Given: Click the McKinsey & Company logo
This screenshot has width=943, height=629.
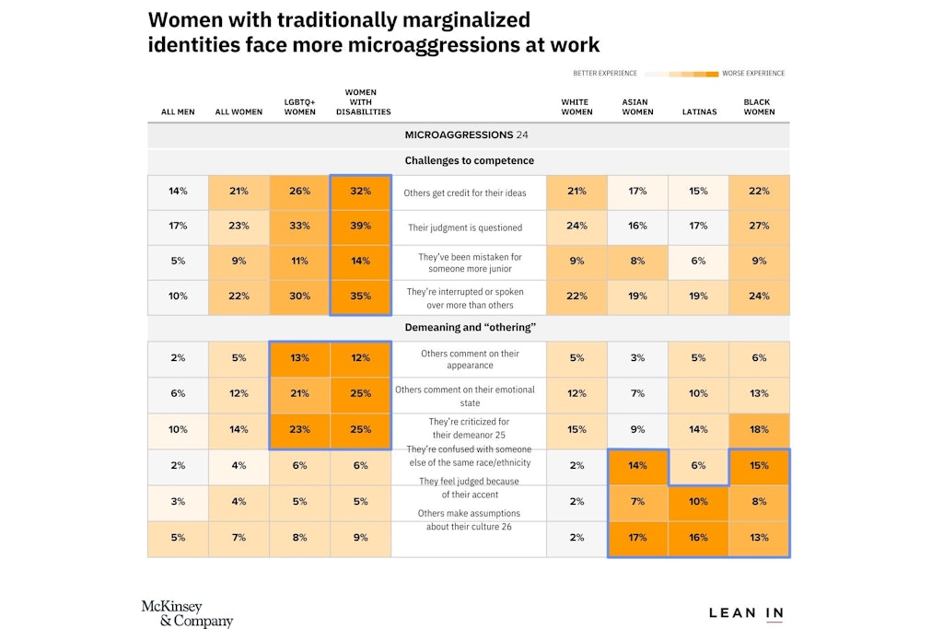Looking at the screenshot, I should click(x=187, y=613).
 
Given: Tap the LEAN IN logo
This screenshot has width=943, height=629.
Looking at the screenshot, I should click(x=746, y=613).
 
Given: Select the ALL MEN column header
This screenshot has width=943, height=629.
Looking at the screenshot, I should click(x=178, y=112).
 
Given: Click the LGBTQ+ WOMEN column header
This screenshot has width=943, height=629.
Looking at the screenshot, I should click(x=299, y=108).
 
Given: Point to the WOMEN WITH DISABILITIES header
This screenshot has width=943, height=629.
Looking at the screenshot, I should click(x=360, y=102).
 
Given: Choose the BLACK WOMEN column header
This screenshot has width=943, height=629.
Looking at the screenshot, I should click(x=759, y=108).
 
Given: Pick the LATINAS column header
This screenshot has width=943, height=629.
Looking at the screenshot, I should click(x=698, y=112).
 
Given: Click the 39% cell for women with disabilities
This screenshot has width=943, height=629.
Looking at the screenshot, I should click(x=360, y=227).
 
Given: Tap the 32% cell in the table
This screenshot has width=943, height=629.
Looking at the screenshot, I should click(x=360, y=192).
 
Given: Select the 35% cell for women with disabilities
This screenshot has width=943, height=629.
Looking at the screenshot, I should click(x=360, y=297).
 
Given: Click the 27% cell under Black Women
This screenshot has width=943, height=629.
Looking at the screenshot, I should click(x=759, y=227).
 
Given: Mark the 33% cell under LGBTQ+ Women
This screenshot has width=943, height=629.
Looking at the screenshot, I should click(x=299, y=227).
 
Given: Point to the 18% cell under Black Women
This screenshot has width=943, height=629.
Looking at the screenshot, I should click(x=759, y=429).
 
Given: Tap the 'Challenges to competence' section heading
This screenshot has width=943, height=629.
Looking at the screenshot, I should click(x=469, y=161).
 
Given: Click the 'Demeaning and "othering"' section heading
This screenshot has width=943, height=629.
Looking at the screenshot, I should click(x=470, y=327).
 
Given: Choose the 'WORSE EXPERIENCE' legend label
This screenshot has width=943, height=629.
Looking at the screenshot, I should click(x=754, y=73).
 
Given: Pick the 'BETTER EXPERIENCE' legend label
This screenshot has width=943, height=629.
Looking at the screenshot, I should click(x=605, y=73).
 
